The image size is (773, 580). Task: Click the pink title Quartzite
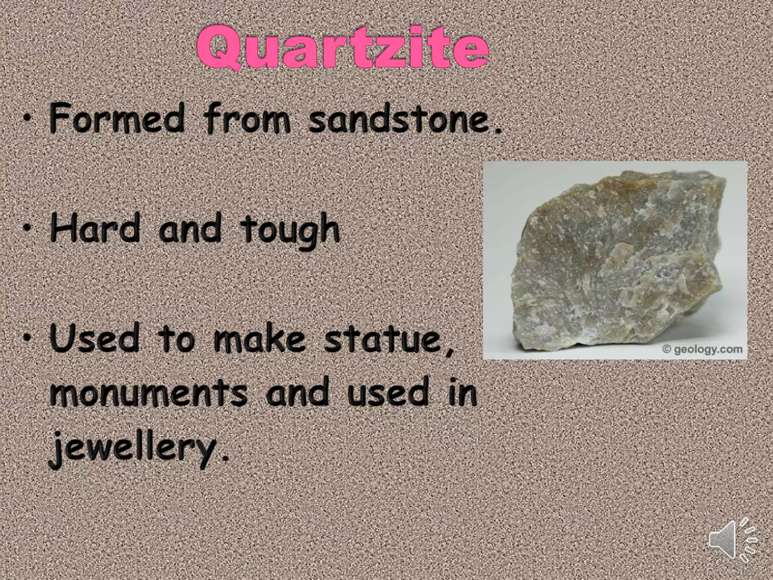343,49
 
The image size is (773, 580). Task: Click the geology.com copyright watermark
703,349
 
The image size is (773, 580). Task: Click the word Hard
94,228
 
